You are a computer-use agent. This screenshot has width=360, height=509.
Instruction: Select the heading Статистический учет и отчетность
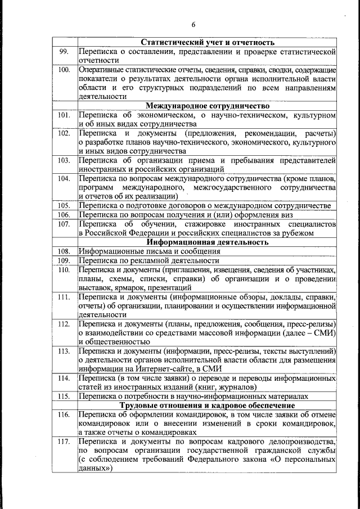click(x=208, y=42)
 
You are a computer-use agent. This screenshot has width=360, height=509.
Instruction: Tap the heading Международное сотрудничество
click(x=208, y=106)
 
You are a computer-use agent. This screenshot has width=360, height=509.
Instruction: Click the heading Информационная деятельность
click(x=208, y=242)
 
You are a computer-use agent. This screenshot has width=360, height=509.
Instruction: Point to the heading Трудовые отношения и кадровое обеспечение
click(x=208, y=406)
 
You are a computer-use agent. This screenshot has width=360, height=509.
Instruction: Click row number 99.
click(x=64, y=52)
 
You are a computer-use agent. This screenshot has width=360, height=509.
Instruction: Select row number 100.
click(x=64, y=70)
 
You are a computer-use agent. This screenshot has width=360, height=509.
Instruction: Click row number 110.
click(x=64, y=270)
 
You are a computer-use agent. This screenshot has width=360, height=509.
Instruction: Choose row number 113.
click(x=64, y=351)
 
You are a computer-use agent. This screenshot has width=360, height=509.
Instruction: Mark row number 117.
click(x=64, y=442)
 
